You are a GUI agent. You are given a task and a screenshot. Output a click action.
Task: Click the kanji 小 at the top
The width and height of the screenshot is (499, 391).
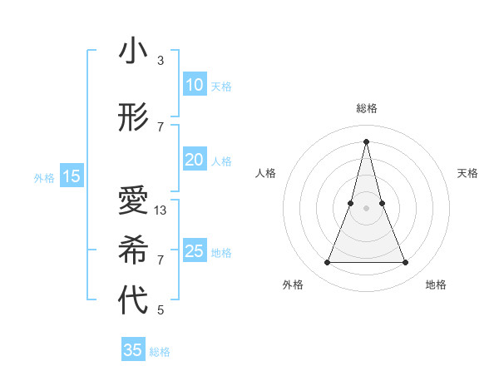click(133, 52)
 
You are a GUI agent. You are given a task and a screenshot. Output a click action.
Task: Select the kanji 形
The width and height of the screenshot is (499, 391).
click(133, 118)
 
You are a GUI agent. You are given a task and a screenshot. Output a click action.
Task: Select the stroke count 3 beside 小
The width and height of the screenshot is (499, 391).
click(161, 61)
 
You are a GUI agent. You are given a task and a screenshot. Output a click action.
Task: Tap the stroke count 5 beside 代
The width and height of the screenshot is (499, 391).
click(161, 310)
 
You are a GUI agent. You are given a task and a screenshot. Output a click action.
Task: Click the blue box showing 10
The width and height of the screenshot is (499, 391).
click(194, 85)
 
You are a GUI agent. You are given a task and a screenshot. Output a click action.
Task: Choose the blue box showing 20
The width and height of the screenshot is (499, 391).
click(194, 160)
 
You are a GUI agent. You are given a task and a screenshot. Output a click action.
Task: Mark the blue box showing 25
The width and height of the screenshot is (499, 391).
click(194, 251)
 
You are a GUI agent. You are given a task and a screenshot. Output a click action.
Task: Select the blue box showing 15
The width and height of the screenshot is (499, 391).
click(72, 176)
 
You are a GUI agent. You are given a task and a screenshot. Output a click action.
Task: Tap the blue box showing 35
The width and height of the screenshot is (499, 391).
click(133, 350)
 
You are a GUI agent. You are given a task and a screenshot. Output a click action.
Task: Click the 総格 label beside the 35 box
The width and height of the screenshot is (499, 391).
click(160, 352)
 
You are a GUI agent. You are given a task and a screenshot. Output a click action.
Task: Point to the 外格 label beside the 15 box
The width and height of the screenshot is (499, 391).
click(44, 177)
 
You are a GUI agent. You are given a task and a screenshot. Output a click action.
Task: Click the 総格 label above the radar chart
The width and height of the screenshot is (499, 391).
click(367, 108)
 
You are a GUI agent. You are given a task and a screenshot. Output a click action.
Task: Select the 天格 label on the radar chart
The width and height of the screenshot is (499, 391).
click(467, 173)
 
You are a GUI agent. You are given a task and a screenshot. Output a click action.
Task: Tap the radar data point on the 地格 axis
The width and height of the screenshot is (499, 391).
click(406, 263)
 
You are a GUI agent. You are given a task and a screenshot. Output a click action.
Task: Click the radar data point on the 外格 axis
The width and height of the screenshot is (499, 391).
click(327, 263)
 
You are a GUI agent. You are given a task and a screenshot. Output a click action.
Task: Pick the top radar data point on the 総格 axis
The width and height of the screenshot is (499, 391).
click(367, 141)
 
